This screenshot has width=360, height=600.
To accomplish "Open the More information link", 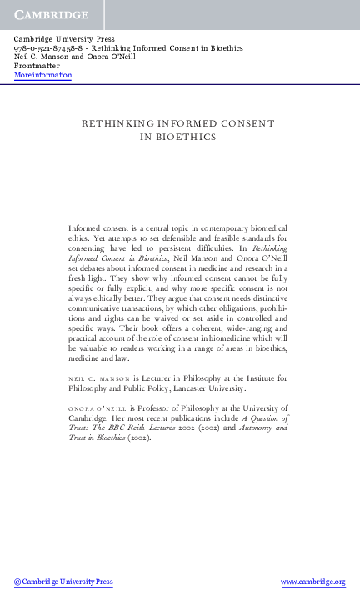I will click(x=42, y=76).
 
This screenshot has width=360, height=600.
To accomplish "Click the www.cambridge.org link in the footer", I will click(x=312, y=581).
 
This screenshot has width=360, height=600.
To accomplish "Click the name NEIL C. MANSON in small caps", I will click(x=97, y=378).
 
